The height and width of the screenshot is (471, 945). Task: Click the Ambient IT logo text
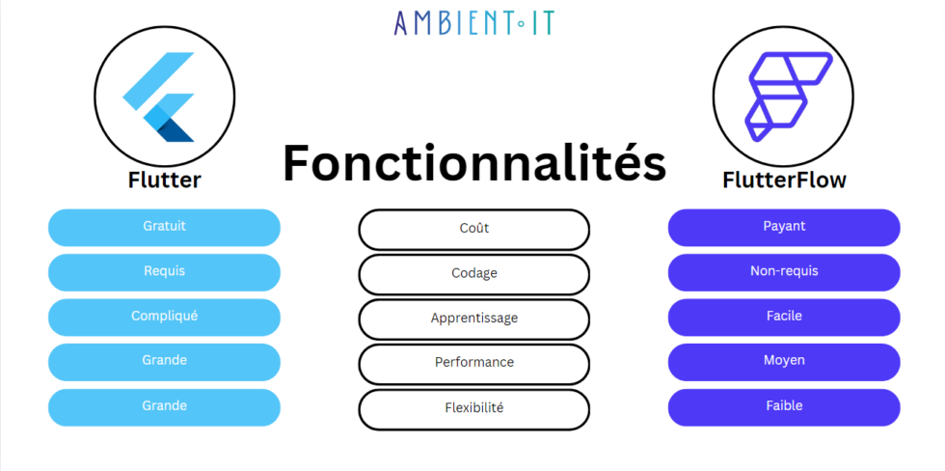473,22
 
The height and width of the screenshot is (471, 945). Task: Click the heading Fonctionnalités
473,162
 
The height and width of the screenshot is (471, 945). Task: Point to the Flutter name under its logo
164,180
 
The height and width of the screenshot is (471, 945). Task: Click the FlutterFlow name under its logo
784,180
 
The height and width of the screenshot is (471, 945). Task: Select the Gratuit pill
164,227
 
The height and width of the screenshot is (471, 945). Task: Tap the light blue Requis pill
164,272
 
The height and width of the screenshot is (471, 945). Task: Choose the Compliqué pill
164,317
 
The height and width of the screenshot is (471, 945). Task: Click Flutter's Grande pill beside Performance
164,361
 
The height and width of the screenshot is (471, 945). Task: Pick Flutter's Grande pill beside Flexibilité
164,406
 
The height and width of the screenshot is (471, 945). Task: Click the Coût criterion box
473,229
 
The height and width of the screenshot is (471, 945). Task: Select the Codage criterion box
473,274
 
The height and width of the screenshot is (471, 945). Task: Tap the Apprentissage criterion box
473,319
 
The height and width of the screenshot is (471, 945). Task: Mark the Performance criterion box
473,363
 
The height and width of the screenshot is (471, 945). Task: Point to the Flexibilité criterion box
473,408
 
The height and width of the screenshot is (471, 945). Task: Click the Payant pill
784,227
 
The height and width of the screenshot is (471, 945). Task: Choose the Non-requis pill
784,272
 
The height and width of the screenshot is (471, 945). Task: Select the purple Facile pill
784,317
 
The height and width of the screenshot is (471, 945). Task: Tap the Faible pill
784,406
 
